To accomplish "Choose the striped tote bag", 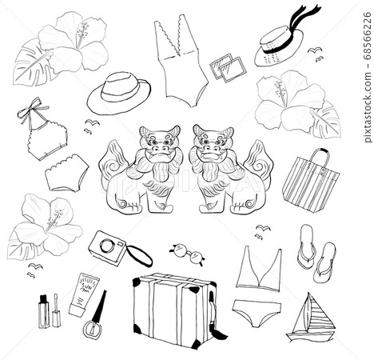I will point(310,183).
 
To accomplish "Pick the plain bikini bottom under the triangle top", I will point(256,311).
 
